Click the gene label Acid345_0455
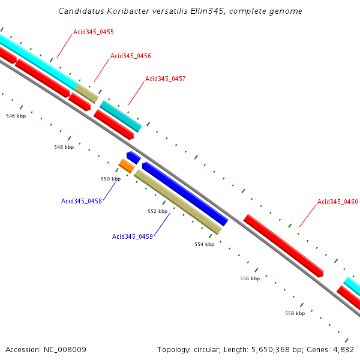coord(94,32)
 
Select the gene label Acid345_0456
coord(131,56)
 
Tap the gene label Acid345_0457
coord(166,79)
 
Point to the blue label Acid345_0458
coord(82,201)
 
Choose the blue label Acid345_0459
coord(133,236)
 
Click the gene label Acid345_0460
coord(338,202)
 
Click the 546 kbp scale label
coord(16,116)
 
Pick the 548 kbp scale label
coord(64,147)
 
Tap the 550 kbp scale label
coord(110,179)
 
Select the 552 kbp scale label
coord(157,211)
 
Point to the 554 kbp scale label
coord(204,244)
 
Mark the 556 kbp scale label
coord(250,278)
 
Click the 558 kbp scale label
coord(295,313)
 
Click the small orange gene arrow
coord(126,166)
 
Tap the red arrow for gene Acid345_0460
coord(283,245)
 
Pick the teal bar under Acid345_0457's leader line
coord(121,116)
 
